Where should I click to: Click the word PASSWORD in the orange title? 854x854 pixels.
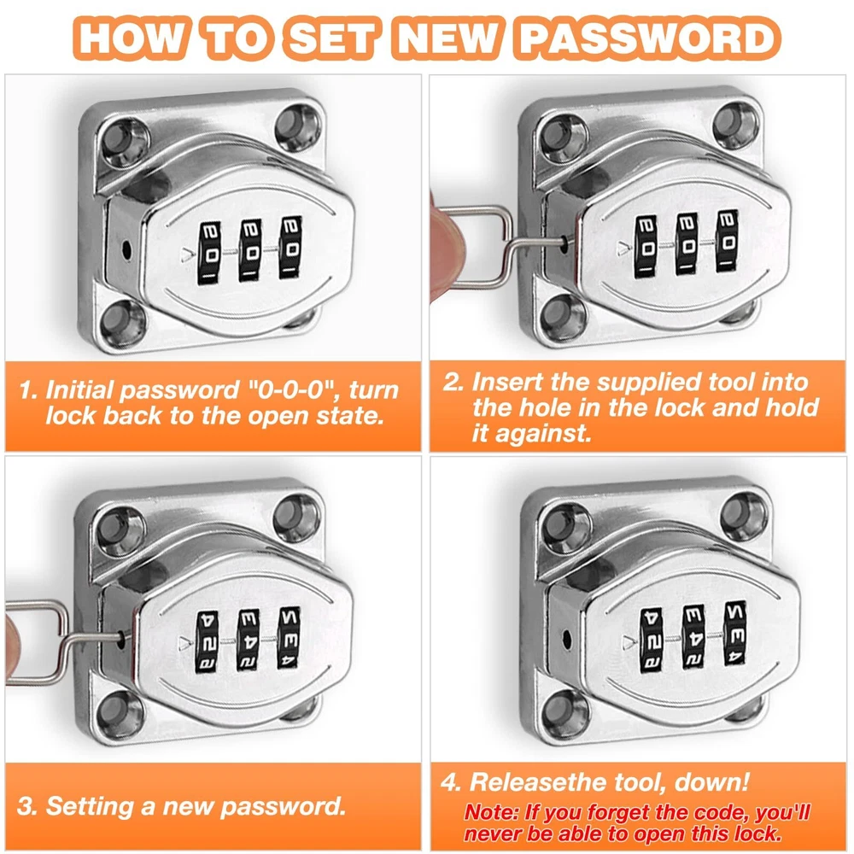[649, 38]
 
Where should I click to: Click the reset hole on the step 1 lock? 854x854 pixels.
[127, 250]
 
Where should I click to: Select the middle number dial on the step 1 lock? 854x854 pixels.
[250, 251]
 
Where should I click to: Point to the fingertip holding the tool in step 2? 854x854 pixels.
[445, 245]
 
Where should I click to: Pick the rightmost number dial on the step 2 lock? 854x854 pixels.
[728, 240]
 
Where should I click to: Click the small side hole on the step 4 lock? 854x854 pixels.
[566, 637]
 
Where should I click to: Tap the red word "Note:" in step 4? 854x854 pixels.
[492, 813]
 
